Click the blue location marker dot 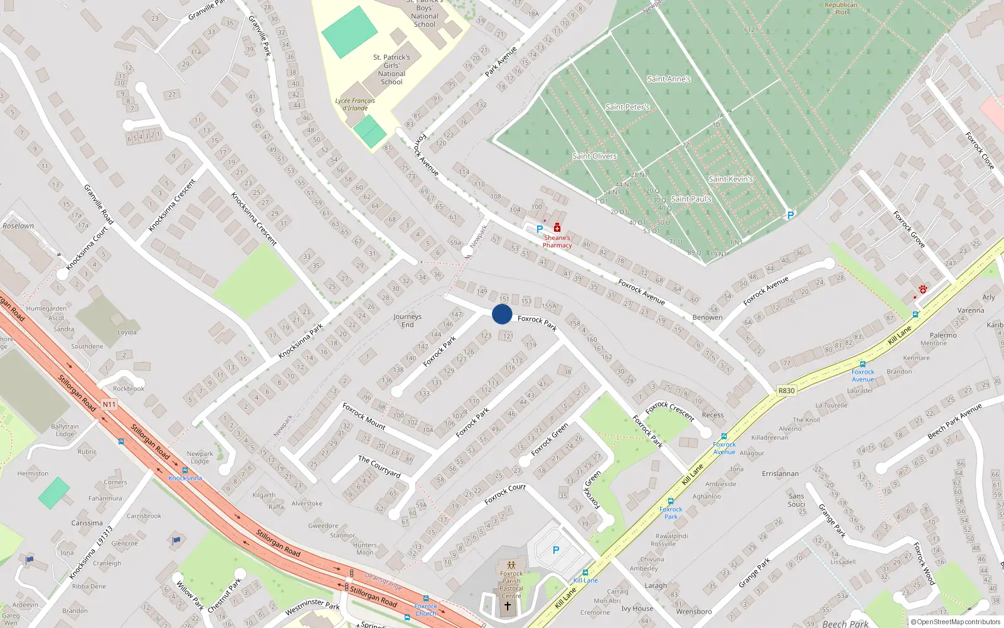(502, 314)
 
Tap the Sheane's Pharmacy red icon (557, 228)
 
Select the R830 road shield (786, 391)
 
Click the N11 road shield (109, 404)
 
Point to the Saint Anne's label (669, 79)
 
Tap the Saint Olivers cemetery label (594, 156)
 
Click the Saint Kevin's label (730, 179)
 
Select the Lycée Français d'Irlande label (355, 104)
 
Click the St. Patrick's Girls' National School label (392, 69)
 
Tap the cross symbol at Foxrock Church (508, 606)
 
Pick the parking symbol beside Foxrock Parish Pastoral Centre (555, 550)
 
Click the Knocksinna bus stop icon (185, 470)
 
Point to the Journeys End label (407, 320)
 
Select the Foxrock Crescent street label (670, 411)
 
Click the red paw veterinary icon (923, 290)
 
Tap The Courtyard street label (379, 467)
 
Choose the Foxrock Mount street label (364, 416)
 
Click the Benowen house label (707, 317)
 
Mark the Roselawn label (18, 226)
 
